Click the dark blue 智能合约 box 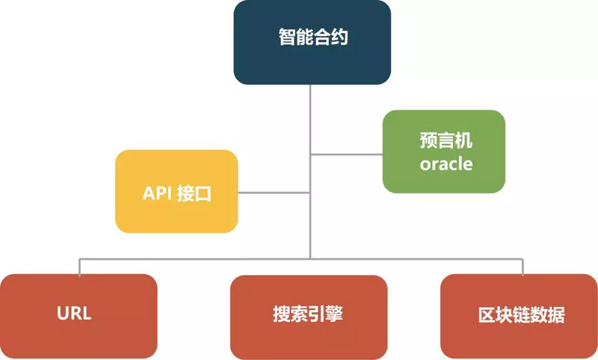pyautogui.click(x=312, y=42)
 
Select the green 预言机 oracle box pyautogui.click(x=444, y=152)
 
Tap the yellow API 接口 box pyautogui.click(x=176, y=191)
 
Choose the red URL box pyautogui.click(x=78, y=316)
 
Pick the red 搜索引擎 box pyautogui.click(x=309, y=317)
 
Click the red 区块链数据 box pyautogui.click(x=519, y=316)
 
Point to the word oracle pyautogui.click(x=446, y=164)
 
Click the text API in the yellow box pyautogui.click(x=157, y=193)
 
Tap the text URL pyautogui.click(x=74, y=314)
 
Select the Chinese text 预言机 pyautogui.click(x=446, y=140)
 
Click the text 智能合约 pyautogui.click(x=313, y=37)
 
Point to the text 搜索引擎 pyautogui.click(x=308, y=314)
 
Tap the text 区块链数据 pyautogui.click(x=521, y=315)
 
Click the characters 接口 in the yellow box pyautogui.click(x=194, y=193)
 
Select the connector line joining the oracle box pyautogui.click(x=347, y=155)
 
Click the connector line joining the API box pyautogui.click(x=274, y=193)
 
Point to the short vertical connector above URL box pyautogui.click(x=79, y=267)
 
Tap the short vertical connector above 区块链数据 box pyautogui.click(x=523, y=267)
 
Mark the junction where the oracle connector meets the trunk pyautogui.click(x=310, y=155)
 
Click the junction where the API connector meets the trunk pyautogui.click(x=310, y=193)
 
